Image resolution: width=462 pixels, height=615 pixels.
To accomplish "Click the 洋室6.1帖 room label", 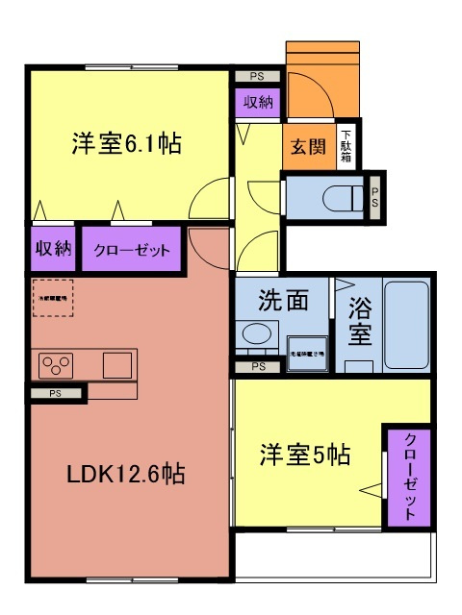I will (125, 144).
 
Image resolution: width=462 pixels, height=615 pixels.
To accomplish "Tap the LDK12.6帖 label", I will (125, 474).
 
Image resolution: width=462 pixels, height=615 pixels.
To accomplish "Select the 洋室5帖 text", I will (304, 455).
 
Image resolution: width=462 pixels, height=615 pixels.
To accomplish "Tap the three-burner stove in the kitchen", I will (55, 365).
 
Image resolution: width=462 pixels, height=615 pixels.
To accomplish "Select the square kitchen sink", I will (116, 364).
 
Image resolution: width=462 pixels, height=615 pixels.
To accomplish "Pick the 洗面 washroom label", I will (283, 300).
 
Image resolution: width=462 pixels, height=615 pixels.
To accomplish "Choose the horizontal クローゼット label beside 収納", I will (131, 250).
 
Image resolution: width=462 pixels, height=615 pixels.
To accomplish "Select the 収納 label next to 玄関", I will (257, 102).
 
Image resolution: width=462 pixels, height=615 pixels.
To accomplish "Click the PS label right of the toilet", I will (375, 196).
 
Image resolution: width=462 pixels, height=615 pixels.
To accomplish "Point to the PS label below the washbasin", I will (257, 366).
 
